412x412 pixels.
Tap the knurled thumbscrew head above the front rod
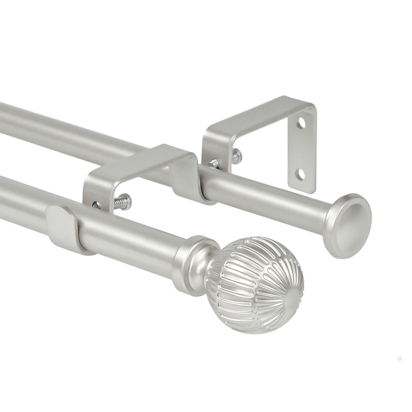126,199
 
